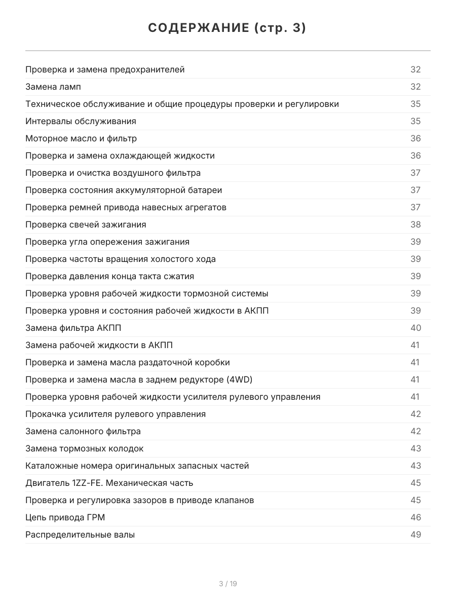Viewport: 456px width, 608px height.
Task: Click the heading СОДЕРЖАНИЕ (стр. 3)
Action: click(227, 28)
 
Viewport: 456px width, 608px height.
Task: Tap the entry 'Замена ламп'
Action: click(53, 87)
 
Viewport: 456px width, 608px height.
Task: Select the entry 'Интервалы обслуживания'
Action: click(81, 121)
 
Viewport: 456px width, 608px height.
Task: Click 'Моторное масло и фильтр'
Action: click(81, 138)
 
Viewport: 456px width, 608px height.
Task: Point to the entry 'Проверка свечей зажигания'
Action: click(86, 224)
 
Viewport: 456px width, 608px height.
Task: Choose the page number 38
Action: click(415, 224)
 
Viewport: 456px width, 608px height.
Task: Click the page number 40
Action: click(415, 328)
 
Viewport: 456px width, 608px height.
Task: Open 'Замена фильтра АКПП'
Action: click(73, 328)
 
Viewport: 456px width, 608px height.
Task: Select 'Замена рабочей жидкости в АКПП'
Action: click(99, 345)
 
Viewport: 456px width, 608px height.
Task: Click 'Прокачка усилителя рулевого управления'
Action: click(116, 414)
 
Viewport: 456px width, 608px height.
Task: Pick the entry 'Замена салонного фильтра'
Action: click(83, 431)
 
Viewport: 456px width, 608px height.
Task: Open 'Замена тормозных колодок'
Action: click(85, 448)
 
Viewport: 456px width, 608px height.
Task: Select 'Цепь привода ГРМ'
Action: click(65, 517)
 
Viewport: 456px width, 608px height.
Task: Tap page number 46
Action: click(415, 517)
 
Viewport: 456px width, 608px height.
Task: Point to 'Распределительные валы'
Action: click(80, 535)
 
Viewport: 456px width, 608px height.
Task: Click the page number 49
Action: click(415, 535)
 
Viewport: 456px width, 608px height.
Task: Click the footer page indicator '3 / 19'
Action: click(228, 584)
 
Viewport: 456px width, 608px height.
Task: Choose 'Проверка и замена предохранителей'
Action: click(105, 69)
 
